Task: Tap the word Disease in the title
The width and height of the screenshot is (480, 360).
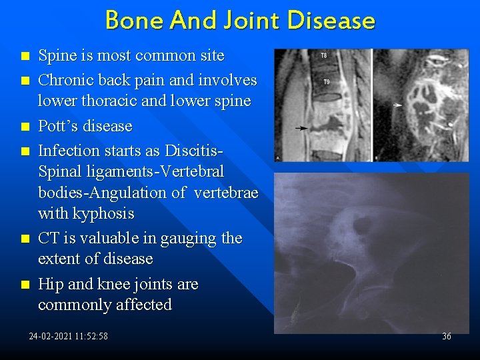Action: pyautogui.click(x=331, y=21)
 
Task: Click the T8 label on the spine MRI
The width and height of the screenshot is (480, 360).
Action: pyautogui.click(x=324, y=55)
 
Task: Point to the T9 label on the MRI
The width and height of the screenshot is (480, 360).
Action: pyautogui.click(x=326, y=82)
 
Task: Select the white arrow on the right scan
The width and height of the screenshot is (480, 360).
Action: pyautogui.click(x=397, y=105)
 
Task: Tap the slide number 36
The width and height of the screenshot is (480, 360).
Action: pyautogui.click(x=446, y=336)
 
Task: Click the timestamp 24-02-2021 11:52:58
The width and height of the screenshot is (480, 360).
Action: pyautogui.click(x=68, y=336)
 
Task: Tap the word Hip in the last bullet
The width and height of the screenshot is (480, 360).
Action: pyautogui.click(x=51, y=284)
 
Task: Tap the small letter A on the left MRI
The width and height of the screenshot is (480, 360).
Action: pyautogui.click(x=278, y=158)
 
